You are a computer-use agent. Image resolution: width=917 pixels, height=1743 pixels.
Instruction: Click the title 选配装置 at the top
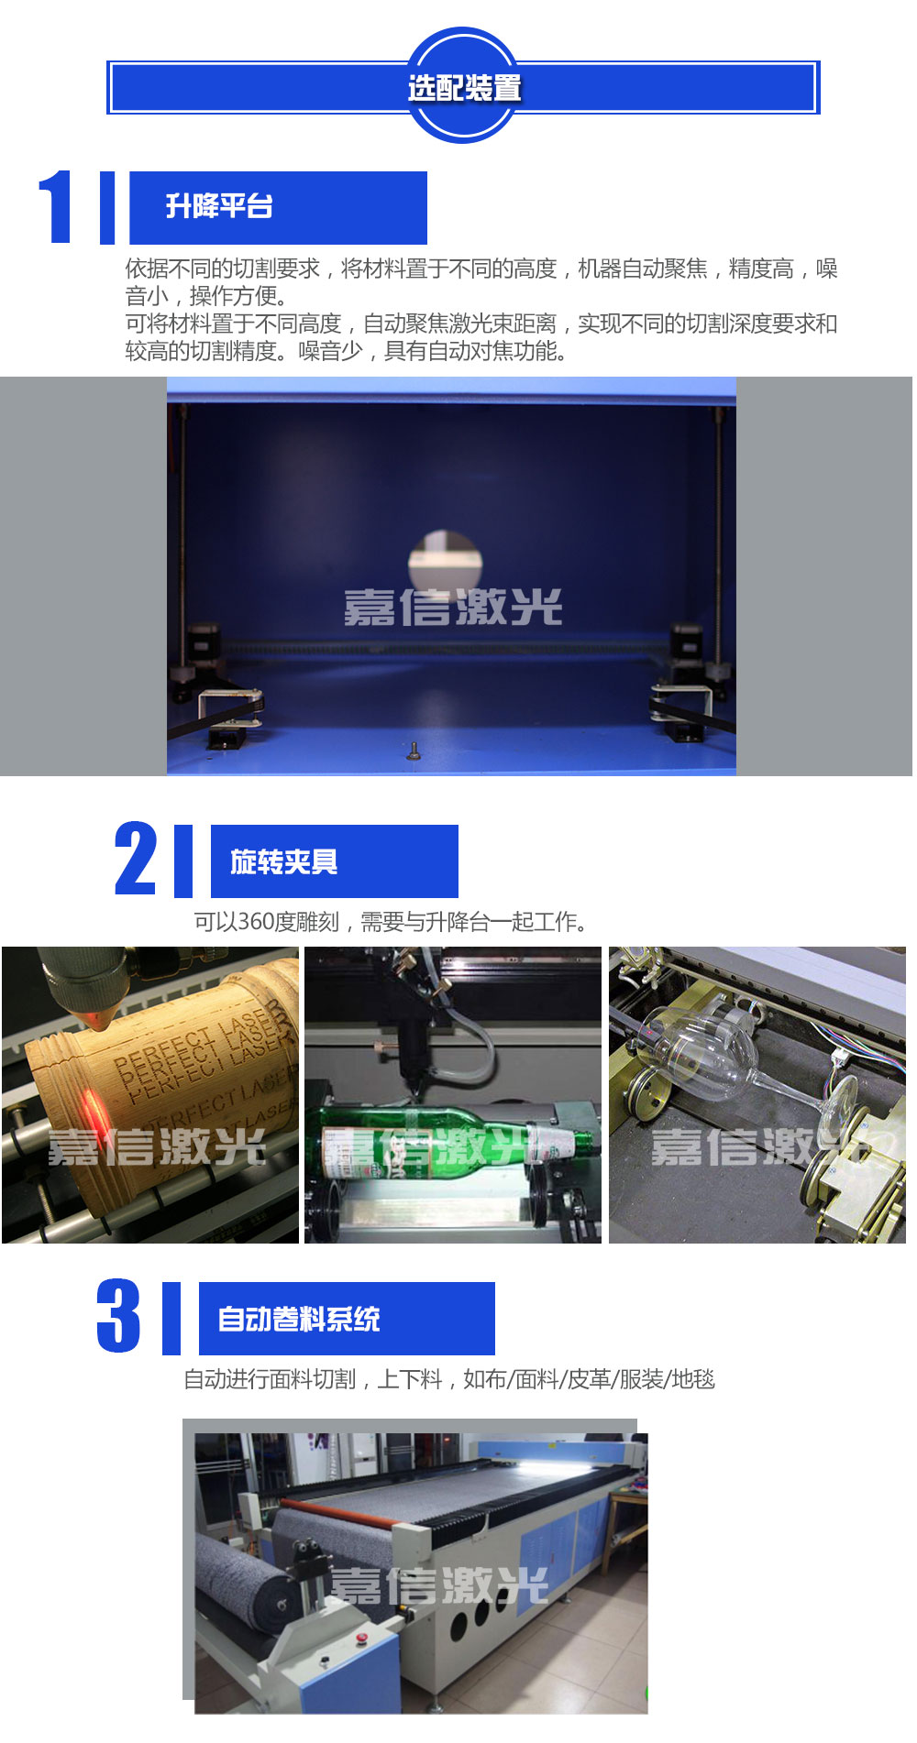coord(464,88)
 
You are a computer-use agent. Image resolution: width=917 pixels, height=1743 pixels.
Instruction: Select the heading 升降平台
coord(219,206)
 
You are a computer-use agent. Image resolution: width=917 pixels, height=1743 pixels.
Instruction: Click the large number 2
coord(136,859)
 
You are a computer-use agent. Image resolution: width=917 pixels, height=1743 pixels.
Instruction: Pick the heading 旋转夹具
coord(284,861)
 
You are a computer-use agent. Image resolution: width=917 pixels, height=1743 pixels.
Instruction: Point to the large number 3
coord(119,1316)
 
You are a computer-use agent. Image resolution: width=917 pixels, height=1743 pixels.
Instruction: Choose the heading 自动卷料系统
coord(299,1319)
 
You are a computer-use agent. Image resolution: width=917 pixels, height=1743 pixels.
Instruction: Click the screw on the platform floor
coord(414,751)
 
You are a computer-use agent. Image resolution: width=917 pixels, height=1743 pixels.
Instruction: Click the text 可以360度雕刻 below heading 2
coord(267,921)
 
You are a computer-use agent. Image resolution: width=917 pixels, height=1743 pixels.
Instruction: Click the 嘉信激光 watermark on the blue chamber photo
coord(453,608)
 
